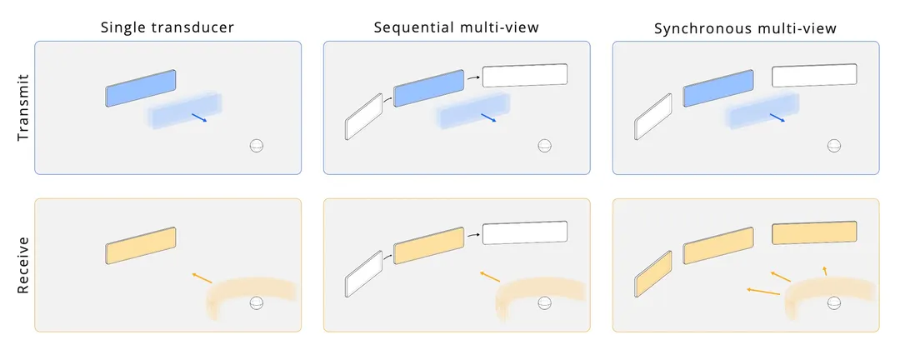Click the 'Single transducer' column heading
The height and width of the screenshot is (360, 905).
167,27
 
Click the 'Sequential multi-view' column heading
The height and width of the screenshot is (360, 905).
456,27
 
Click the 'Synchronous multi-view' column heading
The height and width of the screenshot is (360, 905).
745,28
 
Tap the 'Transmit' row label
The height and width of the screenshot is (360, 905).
22,107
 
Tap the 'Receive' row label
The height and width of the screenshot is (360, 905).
22,265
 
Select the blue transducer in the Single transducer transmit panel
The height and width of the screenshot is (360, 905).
141,88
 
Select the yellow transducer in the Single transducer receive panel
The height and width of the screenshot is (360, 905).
141,246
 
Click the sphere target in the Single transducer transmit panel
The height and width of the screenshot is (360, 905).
257,145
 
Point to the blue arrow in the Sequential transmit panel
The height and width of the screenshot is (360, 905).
489,117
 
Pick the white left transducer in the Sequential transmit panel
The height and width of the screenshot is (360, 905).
363,117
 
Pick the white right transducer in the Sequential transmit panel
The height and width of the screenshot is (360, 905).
525,75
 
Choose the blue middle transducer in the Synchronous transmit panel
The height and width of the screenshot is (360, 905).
718,88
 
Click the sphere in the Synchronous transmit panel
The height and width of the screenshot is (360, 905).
834,145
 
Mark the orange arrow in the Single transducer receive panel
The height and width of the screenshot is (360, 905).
202,277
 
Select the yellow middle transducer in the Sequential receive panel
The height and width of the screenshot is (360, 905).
429,246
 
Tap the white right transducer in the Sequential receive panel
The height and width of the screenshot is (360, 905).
525,232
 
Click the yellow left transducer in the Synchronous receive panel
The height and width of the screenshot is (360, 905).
653,274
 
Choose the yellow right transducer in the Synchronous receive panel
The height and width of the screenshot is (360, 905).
814,232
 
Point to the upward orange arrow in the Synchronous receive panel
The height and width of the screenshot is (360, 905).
825,271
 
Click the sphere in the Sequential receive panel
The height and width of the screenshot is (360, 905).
545,302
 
